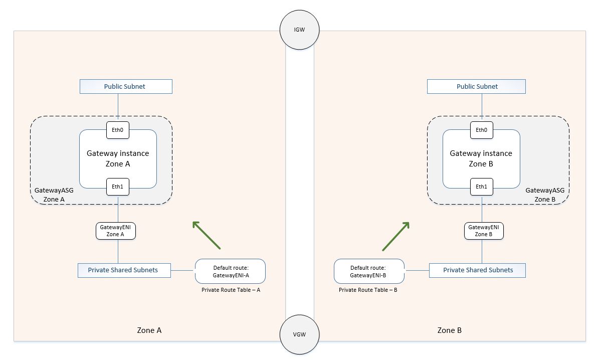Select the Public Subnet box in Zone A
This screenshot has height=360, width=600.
[x=126, y=86]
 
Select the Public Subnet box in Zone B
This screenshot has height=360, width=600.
[x=476, y=86]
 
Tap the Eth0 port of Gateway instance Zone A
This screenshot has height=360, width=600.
[x=118, y=130]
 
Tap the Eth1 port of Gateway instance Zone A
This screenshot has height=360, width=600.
[x=118, y=187]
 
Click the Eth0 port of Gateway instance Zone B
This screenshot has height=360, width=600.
[x=481, y=130]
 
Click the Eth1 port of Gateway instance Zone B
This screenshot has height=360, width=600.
[x=481, y=187]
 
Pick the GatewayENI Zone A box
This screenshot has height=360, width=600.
[x=116, y=231]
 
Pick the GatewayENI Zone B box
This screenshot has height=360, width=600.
[x=483, y=231]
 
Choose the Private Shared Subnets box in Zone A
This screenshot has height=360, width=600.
[x=124, y=270]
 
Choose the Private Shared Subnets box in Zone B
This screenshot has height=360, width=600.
[x=478, y=270]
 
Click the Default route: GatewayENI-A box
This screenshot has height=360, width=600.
[x=230, y=271]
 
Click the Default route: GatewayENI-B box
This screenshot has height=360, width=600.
[x=369, y=271]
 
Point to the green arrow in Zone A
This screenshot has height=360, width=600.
[x=207, y=235]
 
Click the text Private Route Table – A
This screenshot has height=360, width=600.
[x=231, y=290]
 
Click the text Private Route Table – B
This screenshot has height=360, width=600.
[x=368, y=290]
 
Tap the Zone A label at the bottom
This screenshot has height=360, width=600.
[x=149, y=330]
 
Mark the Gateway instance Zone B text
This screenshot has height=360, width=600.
[x=481, y=158]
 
